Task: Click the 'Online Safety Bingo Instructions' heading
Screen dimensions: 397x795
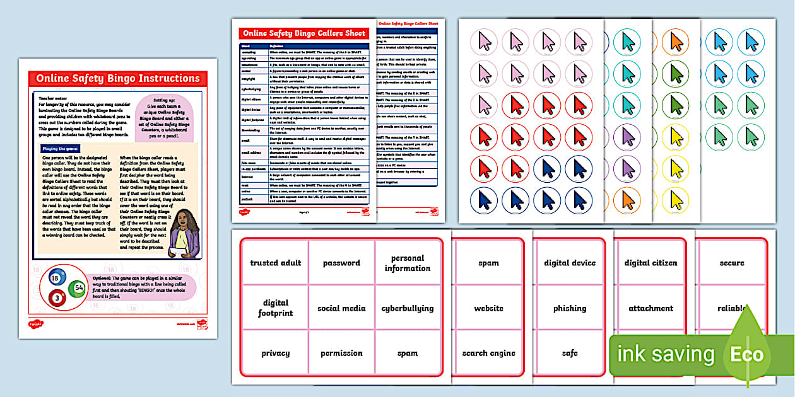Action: [x=117, y=79]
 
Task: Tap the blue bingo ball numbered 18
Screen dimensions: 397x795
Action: [x=56, y=279]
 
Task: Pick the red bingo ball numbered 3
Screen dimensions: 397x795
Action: [x=56, y=297]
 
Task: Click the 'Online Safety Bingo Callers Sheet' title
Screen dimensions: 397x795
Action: [x=304, y=33]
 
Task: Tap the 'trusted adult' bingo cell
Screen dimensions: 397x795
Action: [x=276, y=263]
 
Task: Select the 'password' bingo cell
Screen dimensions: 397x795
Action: [x=341, y=263]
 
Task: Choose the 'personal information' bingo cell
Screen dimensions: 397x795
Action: [x=407, y=263]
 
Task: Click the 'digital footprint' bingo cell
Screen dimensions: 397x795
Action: [x=276, y=308]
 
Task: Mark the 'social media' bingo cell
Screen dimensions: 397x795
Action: [x=341, y=308]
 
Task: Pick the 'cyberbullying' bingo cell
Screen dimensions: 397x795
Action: [x=407, y=308]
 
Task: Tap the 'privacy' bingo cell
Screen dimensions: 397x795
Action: [x=276, y=354]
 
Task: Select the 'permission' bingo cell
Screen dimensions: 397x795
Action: [x=341, y=354]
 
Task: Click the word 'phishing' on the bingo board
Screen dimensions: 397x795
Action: [x=570, y=308]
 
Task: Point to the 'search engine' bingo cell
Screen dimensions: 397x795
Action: [x=488, y=354]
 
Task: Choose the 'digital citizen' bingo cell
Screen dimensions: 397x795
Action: [x=651, y=263]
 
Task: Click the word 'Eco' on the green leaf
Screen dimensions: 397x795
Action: [x=747, y=354]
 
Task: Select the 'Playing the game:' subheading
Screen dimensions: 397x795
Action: [x=59, y=148]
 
